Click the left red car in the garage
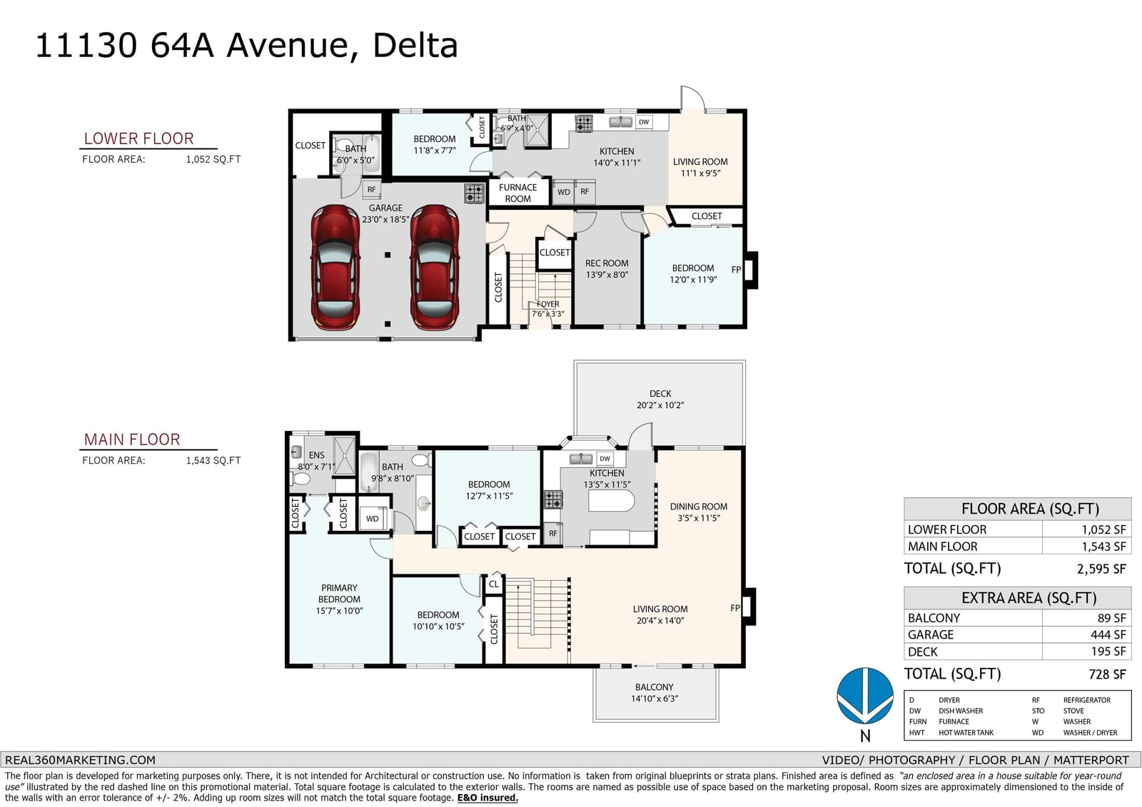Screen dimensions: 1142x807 [335, 267]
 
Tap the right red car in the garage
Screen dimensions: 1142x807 [435, 267]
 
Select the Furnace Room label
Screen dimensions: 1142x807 [517, 193]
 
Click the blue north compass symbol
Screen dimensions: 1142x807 [865, 696]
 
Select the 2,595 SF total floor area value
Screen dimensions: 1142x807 [1101, 569]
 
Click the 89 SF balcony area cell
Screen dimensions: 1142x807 [1111, 618]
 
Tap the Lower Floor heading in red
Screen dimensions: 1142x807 [138, 138]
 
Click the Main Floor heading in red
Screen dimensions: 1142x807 [132, 440]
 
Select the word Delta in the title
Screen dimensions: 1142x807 [415, 46]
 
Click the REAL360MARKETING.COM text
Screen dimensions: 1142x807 [80, 760]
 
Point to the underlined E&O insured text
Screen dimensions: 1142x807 [487, 798]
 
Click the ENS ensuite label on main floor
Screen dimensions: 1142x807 [317, 455]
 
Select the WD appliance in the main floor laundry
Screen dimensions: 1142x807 [373, 519]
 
